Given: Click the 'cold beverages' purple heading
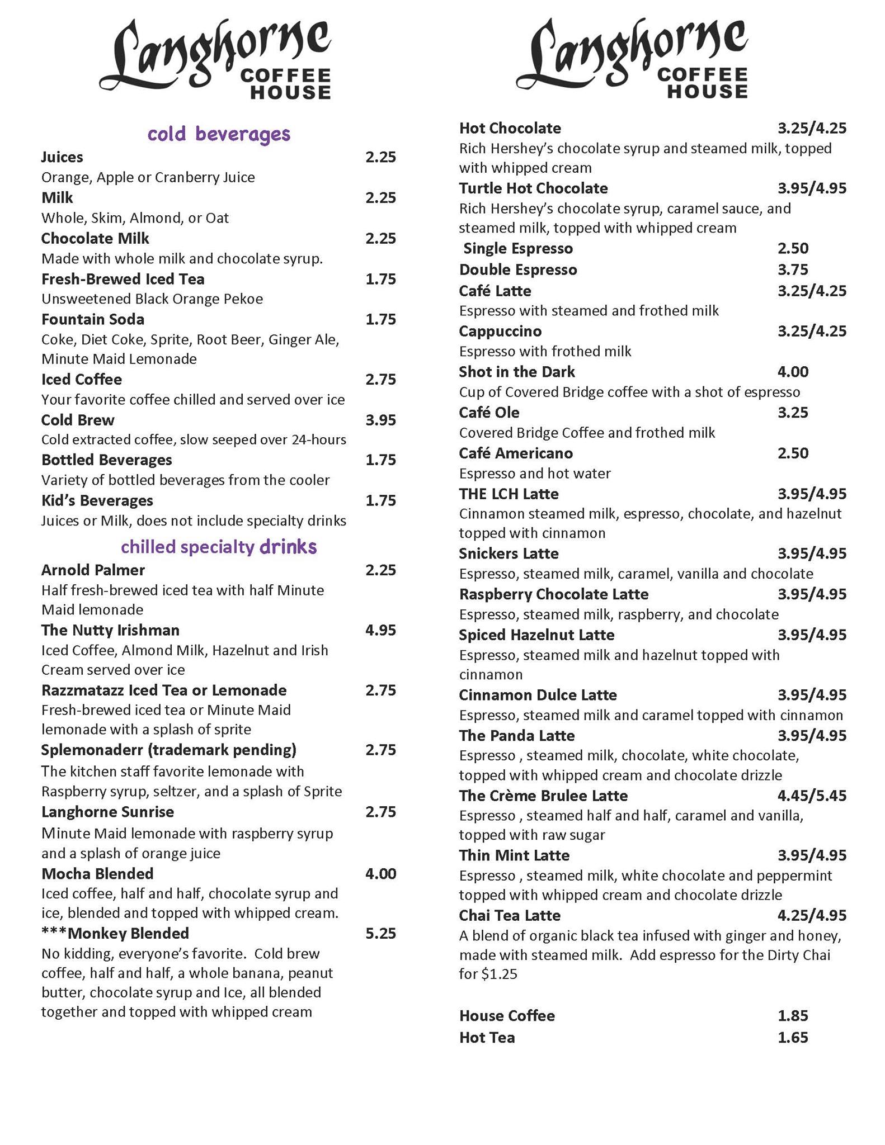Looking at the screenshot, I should (x=219, y=134).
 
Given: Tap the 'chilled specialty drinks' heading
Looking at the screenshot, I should (x=219, y=547).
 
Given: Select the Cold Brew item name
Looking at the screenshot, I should (x=78, y=420).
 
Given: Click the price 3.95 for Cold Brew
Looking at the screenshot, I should (x=380, y=420).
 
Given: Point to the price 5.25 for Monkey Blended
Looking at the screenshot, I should (x=380, y=933).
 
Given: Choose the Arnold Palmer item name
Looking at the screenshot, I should (x=93, y=570).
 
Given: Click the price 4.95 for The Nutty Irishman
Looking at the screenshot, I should (x=380, y=630).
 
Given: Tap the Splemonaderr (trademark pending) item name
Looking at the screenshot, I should (x=168, y=750).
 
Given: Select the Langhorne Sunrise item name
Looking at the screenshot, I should (x=107, y=812).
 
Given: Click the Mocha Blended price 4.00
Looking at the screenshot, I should (x=380, y=873).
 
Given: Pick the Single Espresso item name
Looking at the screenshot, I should (x=518, y=248).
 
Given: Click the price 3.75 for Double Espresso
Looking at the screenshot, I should (x=793, y=269).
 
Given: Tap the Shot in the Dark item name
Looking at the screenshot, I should (x=516, y=372).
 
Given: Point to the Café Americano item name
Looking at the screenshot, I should (x=516, y=453).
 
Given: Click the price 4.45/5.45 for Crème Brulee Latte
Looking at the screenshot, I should (x=812, y=796).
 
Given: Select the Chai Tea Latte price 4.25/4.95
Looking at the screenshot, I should (x=812, y=915).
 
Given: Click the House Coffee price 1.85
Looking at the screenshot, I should (x=793, y=1016).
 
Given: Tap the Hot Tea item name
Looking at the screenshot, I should (x=487, y=1038).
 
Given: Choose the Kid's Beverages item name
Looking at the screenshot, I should (x=97, y=500).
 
